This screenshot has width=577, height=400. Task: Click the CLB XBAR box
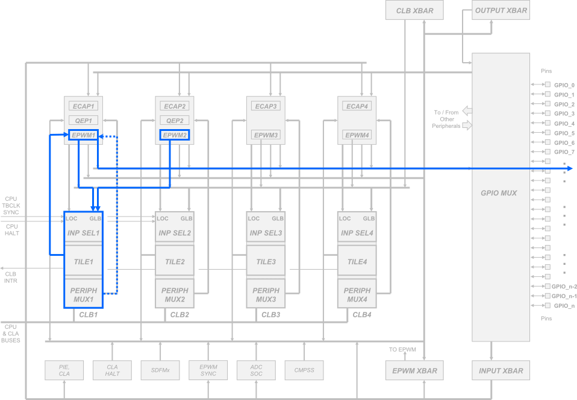click(411, 10)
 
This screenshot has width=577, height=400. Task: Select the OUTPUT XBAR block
click(501, 10)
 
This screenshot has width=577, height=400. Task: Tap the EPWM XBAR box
click(411, 370)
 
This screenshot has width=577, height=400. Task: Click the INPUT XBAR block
click(501, 370)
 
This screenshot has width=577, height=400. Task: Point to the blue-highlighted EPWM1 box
click(83, 135)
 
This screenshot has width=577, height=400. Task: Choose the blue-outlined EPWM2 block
click(174, 135)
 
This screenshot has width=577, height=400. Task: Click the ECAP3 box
click(266, 106)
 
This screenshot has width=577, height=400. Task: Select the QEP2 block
click(174, 121)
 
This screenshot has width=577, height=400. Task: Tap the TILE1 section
click(84, 262)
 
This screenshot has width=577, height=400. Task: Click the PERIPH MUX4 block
click(357, 294)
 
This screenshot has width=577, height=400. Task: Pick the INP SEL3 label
click(266, 233)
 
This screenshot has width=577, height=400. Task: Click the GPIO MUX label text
click(499, 193)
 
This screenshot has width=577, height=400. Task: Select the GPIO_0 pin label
click(564, 85)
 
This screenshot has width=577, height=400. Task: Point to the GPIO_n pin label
click(563, 306)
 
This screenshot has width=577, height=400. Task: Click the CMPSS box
click(303, 370)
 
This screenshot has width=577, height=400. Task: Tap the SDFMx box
click(160, 370)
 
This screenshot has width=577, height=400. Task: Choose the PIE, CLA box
click(64, 370)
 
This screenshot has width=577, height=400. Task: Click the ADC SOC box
click(255, 370)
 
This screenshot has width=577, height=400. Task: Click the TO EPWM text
click(403, 349)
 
